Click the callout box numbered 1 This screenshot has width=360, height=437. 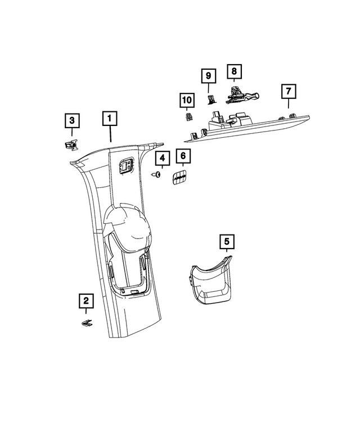[110, 119]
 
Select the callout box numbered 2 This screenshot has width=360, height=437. [86, 301]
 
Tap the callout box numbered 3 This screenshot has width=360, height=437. [72, 120]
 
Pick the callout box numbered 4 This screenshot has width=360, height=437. [163, 158]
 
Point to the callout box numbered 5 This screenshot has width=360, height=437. [227, 241]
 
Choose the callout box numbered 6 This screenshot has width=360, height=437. [183, 156]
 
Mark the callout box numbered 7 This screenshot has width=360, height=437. [289, 92]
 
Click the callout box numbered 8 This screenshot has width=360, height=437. [234, 71]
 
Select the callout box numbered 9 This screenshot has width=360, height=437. [209, 76]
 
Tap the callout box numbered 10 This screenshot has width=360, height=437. [187, 100]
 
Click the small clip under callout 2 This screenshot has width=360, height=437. [87, 323]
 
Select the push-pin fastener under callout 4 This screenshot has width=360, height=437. [156, 175]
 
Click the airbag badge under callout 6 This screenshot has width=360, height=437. [179, 177]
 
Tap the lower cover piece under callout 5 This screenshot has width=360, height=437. [211, 280]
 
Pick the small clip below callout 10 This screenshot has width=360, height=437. [189, 116]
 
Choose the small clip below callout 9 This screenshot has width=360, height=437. [211, 100]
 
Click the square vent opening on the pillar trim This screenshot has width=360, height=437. [126, 166]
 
